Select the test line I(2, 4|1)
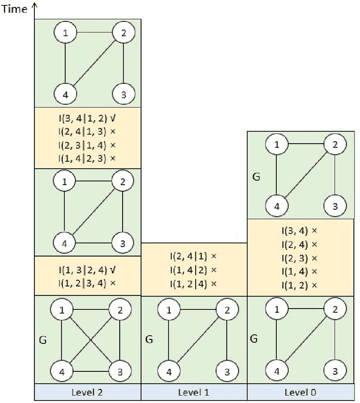[193, 256]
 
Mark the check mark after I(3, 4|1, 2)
[113, 118]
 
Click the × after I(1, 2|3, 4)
[113, 283]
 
